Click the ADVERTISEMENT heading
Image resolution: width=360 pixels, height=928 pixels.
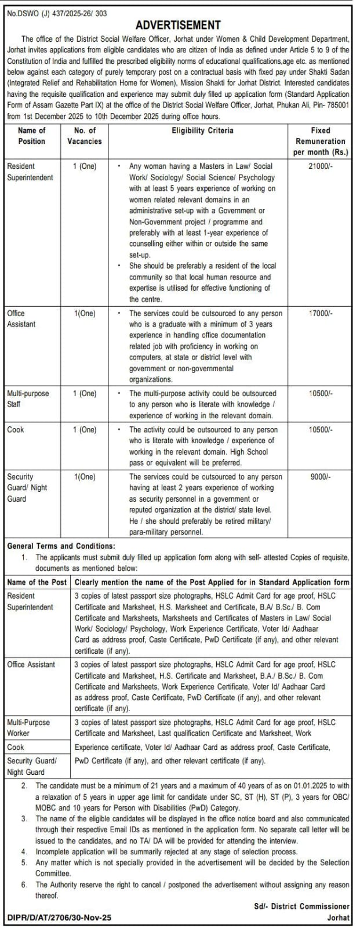178,25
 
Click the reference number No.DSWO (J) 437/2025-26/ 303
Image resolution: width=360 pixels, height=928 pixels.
57,13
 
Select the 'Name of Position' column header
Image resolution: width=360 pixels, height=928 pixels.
32,136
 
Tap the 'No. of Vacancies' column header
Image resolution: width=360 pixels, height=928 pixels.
85,136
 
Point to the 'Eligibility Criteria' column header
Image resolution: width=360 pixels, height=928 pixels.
202,130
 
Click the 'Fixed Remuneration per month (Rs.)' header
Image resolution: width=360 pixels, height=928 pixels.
321,142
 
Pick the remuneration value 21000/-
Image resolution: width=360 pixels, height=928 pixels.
321,166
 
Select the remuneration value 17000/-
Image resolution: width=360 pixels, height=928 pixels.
321,313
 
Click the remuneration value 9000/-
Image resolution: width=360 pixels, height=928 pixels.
321,477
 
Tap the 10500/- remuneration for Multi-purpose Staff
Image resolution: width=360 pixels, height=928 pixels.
321,393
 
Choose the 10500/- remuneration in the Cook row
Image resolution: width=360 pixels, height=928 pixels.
321,430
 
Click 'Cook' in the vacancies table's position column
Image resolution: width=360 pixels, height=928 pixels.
16,430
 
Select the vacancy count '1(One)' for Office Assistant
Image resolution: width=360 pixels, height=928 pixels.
85,313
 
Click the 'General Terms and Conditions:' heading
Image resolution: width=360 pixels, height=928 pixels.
61,546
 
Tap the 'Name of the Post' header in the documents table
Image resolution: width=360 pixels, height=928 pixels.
37,582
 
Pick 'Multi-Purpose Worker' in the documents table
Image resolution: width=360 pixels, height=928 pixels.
28,728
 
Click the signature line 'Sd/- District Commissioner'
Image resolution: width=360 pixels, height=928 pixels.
301,906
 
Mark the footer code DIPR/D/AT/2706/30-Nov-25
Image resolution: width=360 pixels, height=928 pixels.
59,918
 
